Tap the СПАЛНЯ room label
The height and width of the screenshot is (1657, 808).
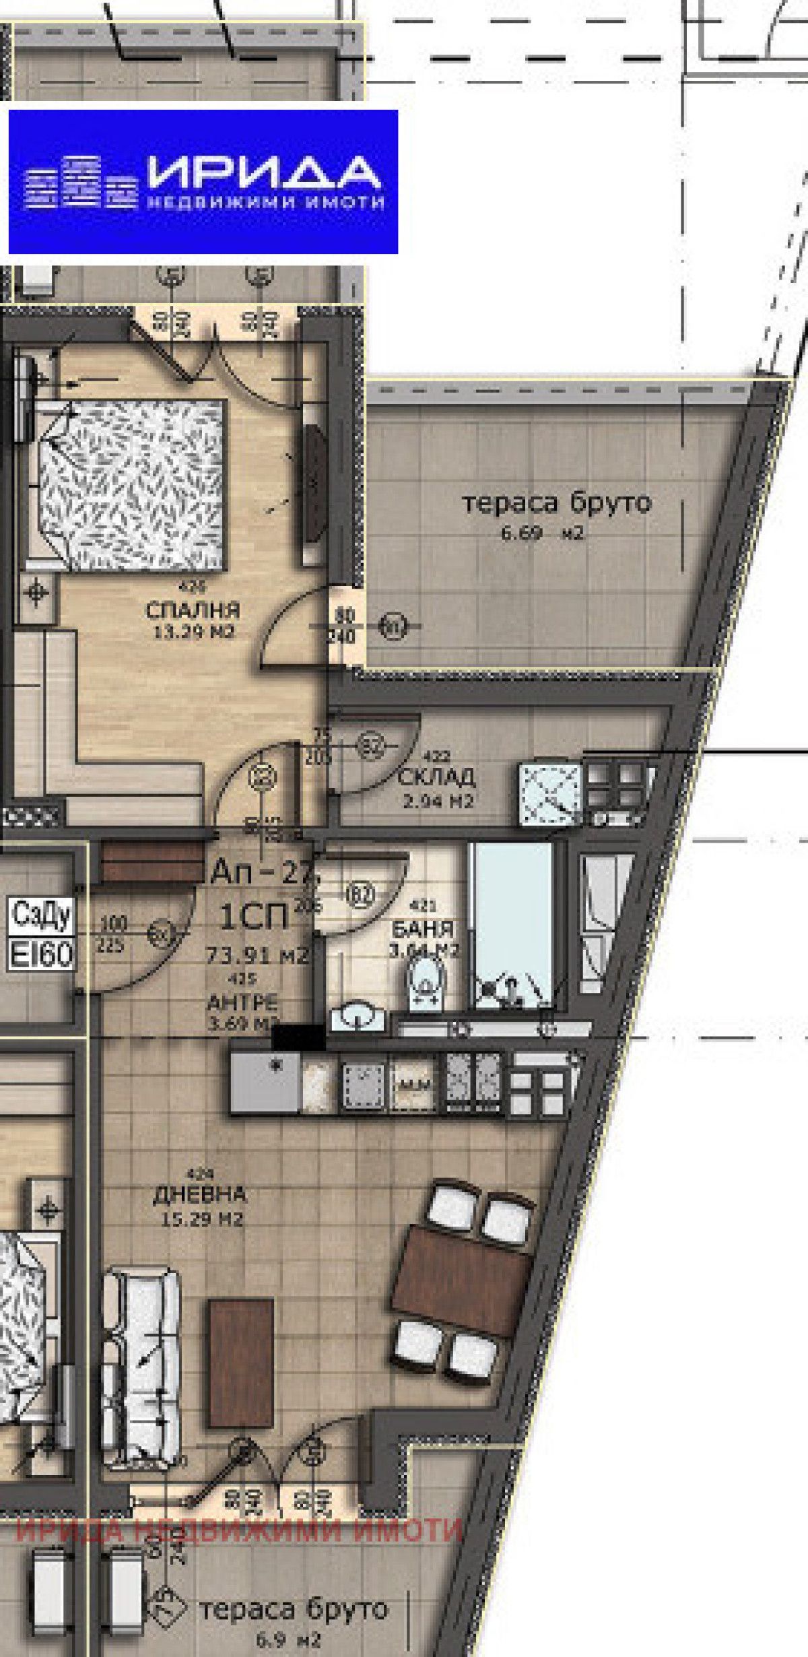click(193, 611)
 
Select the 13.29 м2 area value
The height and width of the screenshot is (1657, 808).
click(193, 632)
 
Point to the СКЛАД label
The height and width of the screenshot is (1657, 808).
click(436, 777)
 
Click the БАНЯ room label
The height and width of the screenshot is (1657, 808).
click(423, 930)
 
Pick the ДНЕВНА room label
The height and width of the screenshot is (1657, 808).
click(200, 1194)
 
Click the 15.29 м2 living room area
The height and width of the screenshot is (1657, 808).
click(200, 1219)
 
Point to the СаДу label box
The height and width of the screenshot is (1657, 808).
click(41, 915)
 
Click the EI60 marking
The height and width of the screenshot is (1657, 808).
click(41, 954)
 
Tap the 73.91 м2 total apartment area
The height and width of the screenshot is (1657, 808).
click(257, 954)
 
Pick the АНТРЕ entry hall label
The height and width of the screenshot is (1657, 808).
click(242, 1002)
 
